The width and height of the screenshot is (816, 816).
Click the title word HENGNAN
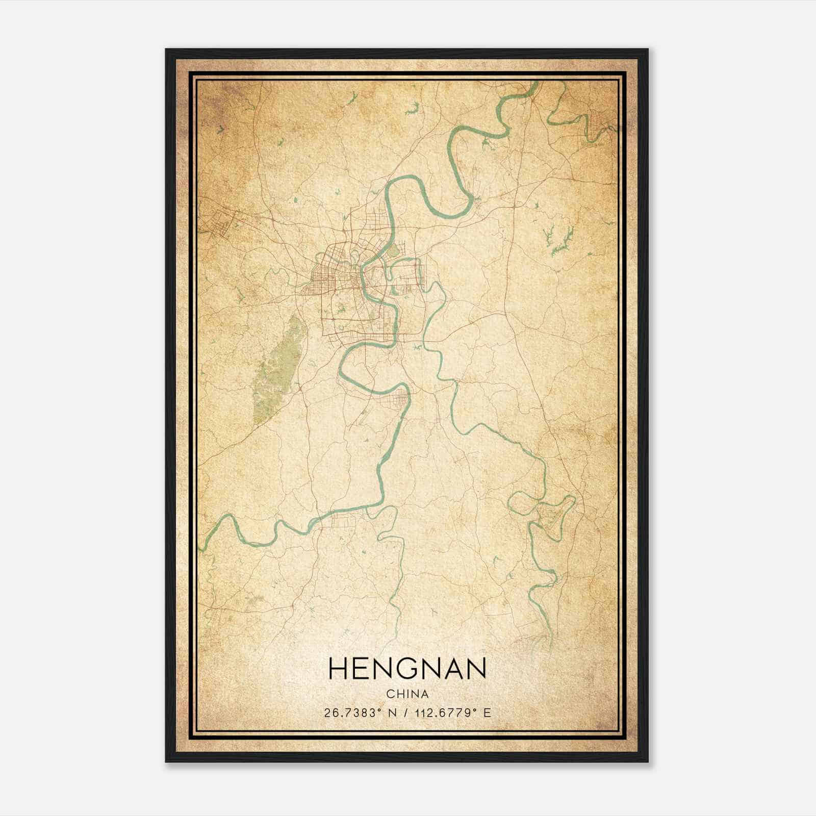[407, 669]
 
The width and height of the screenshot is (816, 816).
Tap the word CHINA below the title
[407, 695]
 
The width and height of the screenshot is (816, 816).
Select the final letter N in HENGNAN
[475, 669]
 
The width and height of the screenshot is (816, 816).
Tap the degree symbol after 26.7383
[380, 709]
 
